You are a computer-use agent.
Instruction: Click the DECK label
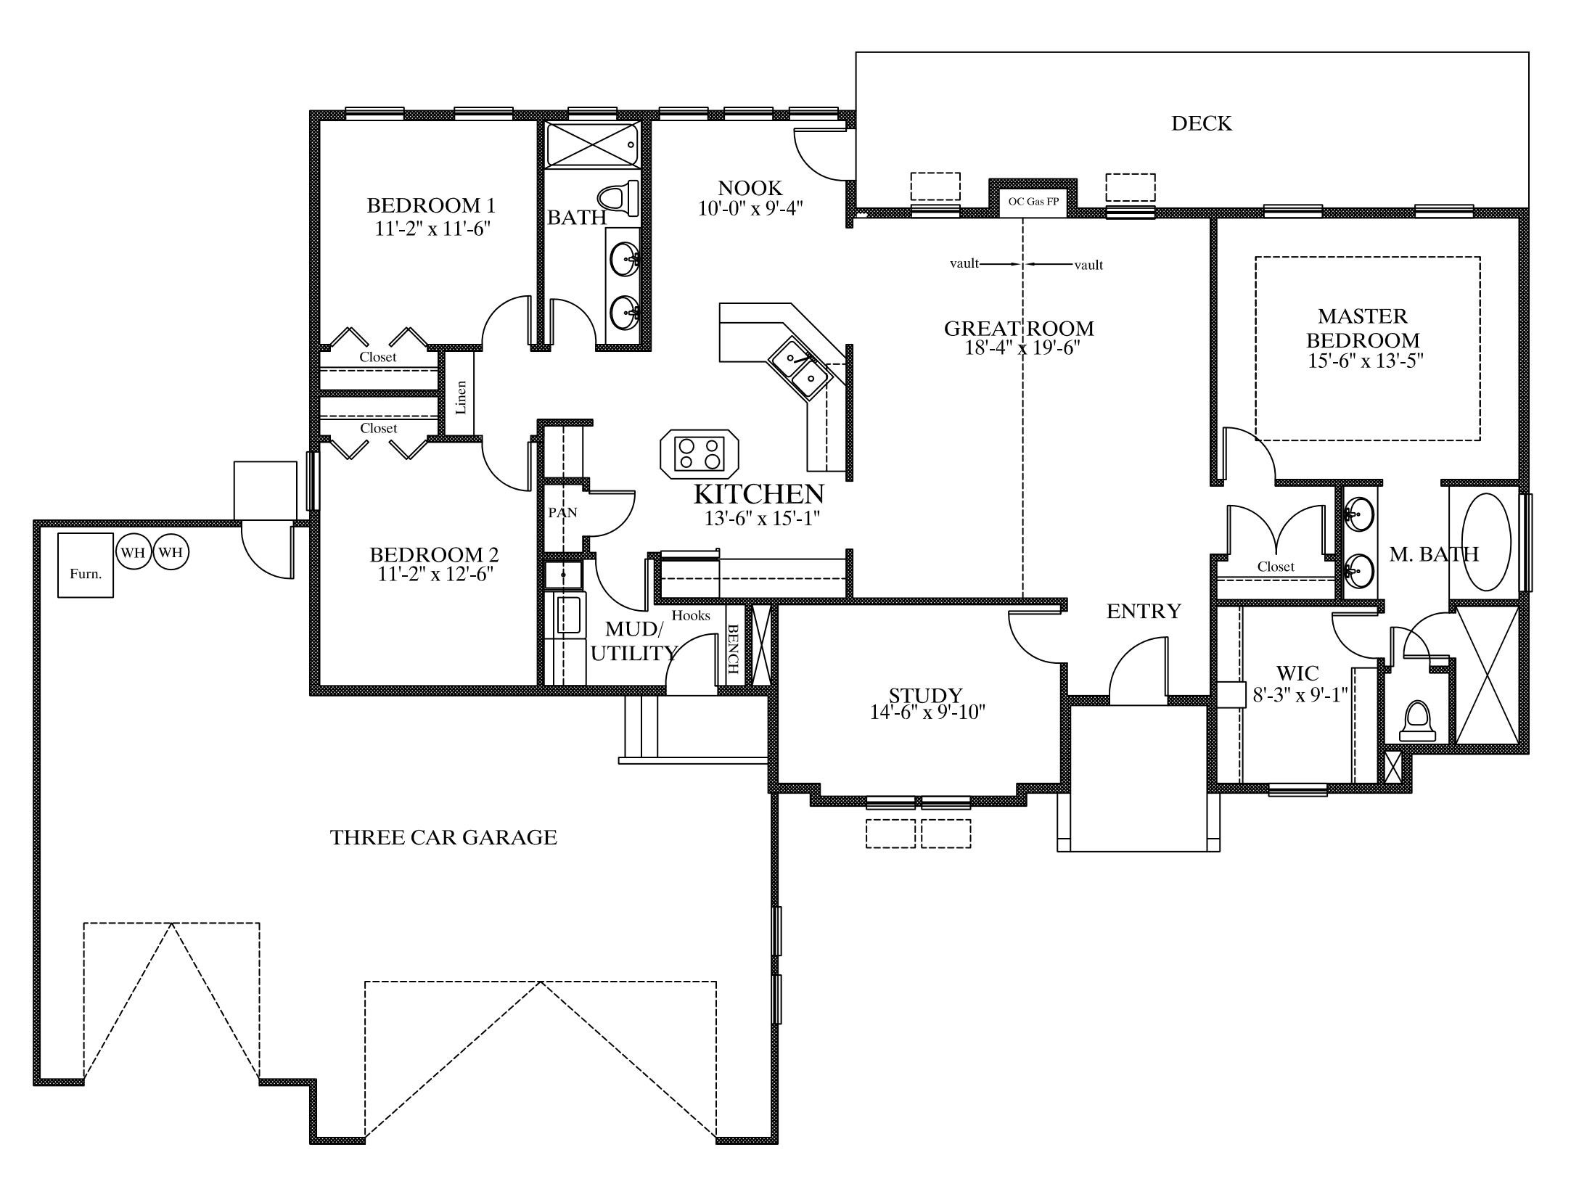pos(1202,123)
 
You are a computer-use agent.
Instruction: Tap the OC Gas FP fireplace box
pos(1033,201)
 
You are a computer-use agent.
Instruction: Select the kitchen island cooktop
pos(700,455)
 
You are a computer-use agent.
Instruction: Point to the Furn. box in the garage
pos(86,565)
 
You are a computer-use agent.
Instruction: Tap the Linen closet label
pos(461,397)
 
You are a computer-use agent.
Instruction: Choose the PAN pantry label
pos(562,512)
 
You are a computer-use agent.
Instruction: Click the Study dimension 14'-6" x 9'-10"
pos(927,712)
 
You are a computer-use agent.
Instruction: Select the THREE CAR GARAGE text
pos(443,837)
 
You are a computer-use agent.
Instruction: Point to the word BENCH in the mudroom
pos(732,647)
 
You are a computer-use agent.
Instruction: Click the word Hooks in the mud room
pos(691,615)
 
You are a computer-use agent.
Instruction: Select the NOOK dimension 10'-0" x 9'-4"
pos(751,209)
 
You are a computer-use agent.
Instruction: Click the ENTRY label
pos(1144,612)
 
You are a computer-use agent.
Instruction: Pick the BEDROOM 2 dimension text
pos(434,575)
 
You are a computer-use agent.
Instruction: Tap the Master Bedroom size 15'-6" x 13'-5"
pos(1366,361)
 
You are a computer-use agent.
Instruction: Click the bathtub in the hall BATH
pos(592,144)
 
